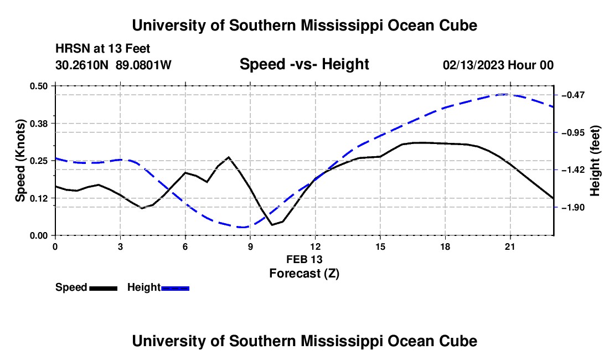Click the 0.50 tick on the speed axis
pyautogui.click(x=38, y=86)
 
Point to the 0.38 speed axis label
pyautogui.click(x=38, y=124)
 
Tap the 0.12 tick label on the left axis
pyautogui.click(x=38, y=198)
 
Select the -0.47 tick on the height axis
pyautogui.click(x=573, y=95)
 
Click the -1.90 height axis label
pyautogui.click(x=573, y=208)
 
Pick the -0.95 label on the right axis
pyautogui.click(x=573, y=133)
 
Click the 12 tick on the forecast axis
pyautogui.click(x=316, y=246)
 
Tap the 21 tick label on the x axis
pyautogui.click(x=510, y=246)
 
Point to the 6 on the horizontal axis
pyautogui.click(x=185, y=246)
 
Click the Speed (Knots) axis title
pyautogui.click(x=20, y=161)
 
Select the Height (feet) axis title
pyautogui.click(x=595, y=161)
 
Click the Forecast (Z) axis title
pyautogui.click(x=304, y=274)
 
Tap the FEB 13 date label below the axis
pyautogui.click(x=304, y=259)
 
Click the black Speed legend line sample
pyautogui.click(x=104, y=288)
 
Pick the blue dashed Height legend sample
pyautogui.click(x=175, y=288)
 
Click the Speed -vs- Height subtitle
pyautogui.click(x=304, y=64)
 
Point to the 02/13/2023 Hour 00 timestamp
pyautogui.click(x=498, y=65)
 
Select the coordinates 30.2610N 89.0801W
pyautogui.click(x=113, y=65)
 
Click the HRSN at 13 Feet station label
pyautogui.click(x=102, y=49)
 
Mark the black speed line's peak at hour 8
pyautogui.click(x=228, y=157)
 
